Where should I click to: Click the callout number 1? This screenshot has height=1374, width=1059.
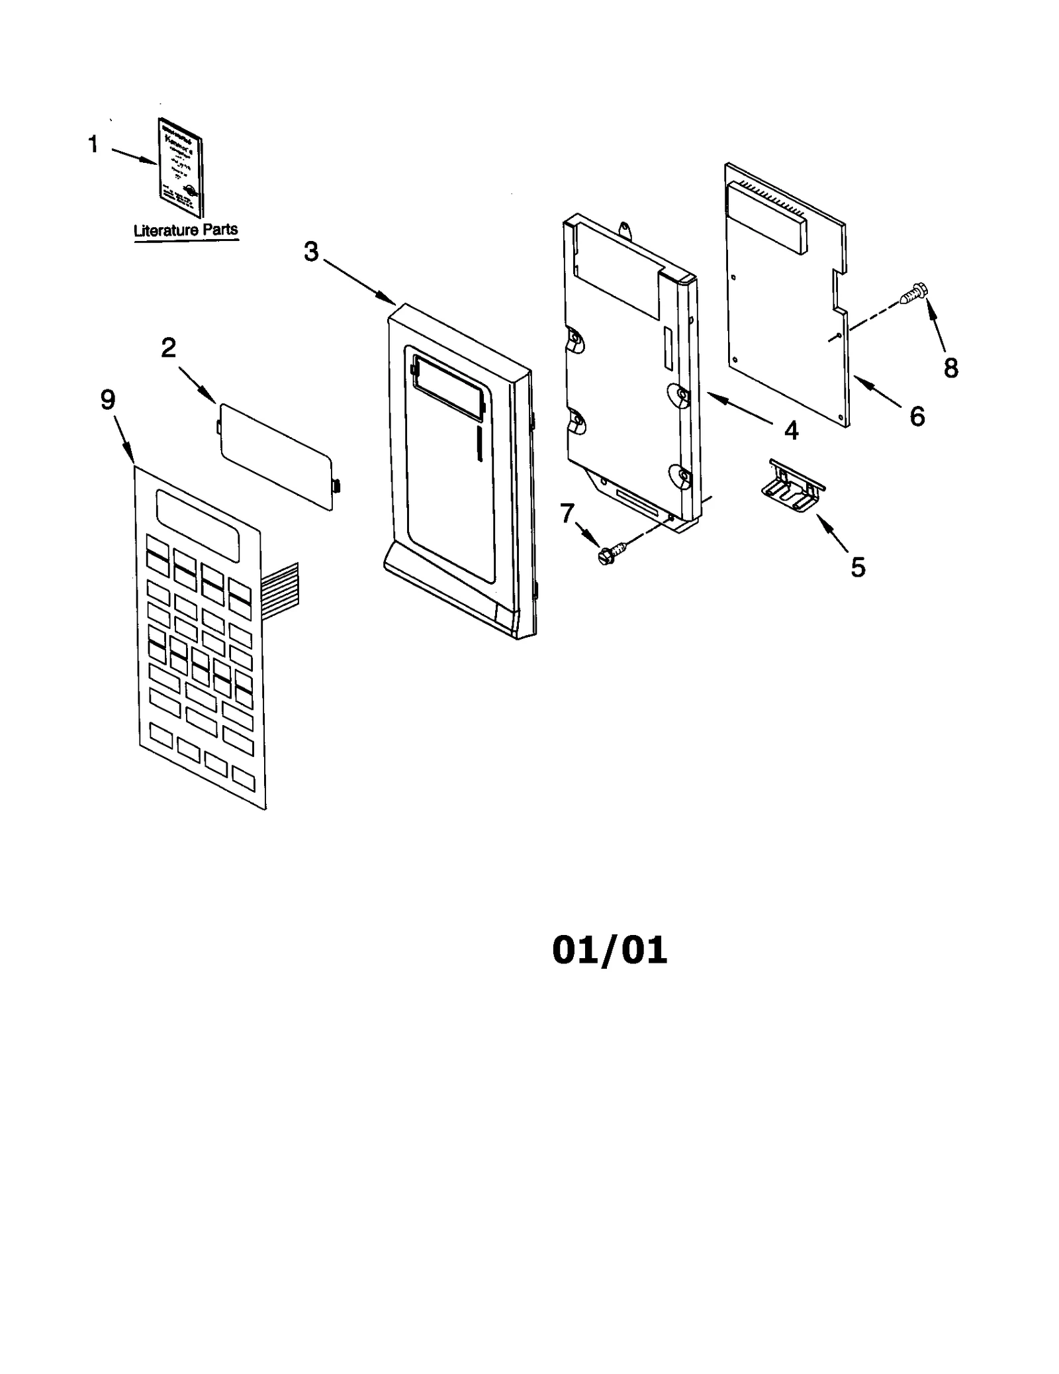coord(93,144)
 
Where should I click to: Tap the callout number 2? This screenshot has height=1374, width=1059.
coord(169,348)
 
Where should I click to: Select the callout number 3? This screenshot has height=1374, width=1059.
coord(311,252)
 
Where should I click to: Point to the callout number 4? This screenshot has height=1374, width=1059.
coord(791,430)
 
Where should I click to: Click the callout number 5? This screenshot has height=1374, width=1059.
coord(858,567)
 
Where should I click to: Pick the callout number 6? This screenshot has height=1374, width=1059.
coord(917,417)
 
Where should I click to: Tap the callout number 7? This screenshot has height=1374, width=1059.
coord(567,513)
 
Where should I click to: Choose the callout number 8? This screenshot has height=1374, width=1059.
coord(950,368)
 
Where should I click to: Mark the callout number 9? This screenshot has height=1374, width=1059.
coord(108,399)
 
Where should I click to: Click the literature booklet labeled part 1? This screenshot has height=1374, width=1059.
coord(181,168)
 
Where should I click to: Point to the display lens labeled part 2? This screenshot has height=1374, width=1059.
coord(276,457)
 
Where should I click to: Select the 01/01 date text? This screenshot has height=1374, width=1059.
coord(610,950)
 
